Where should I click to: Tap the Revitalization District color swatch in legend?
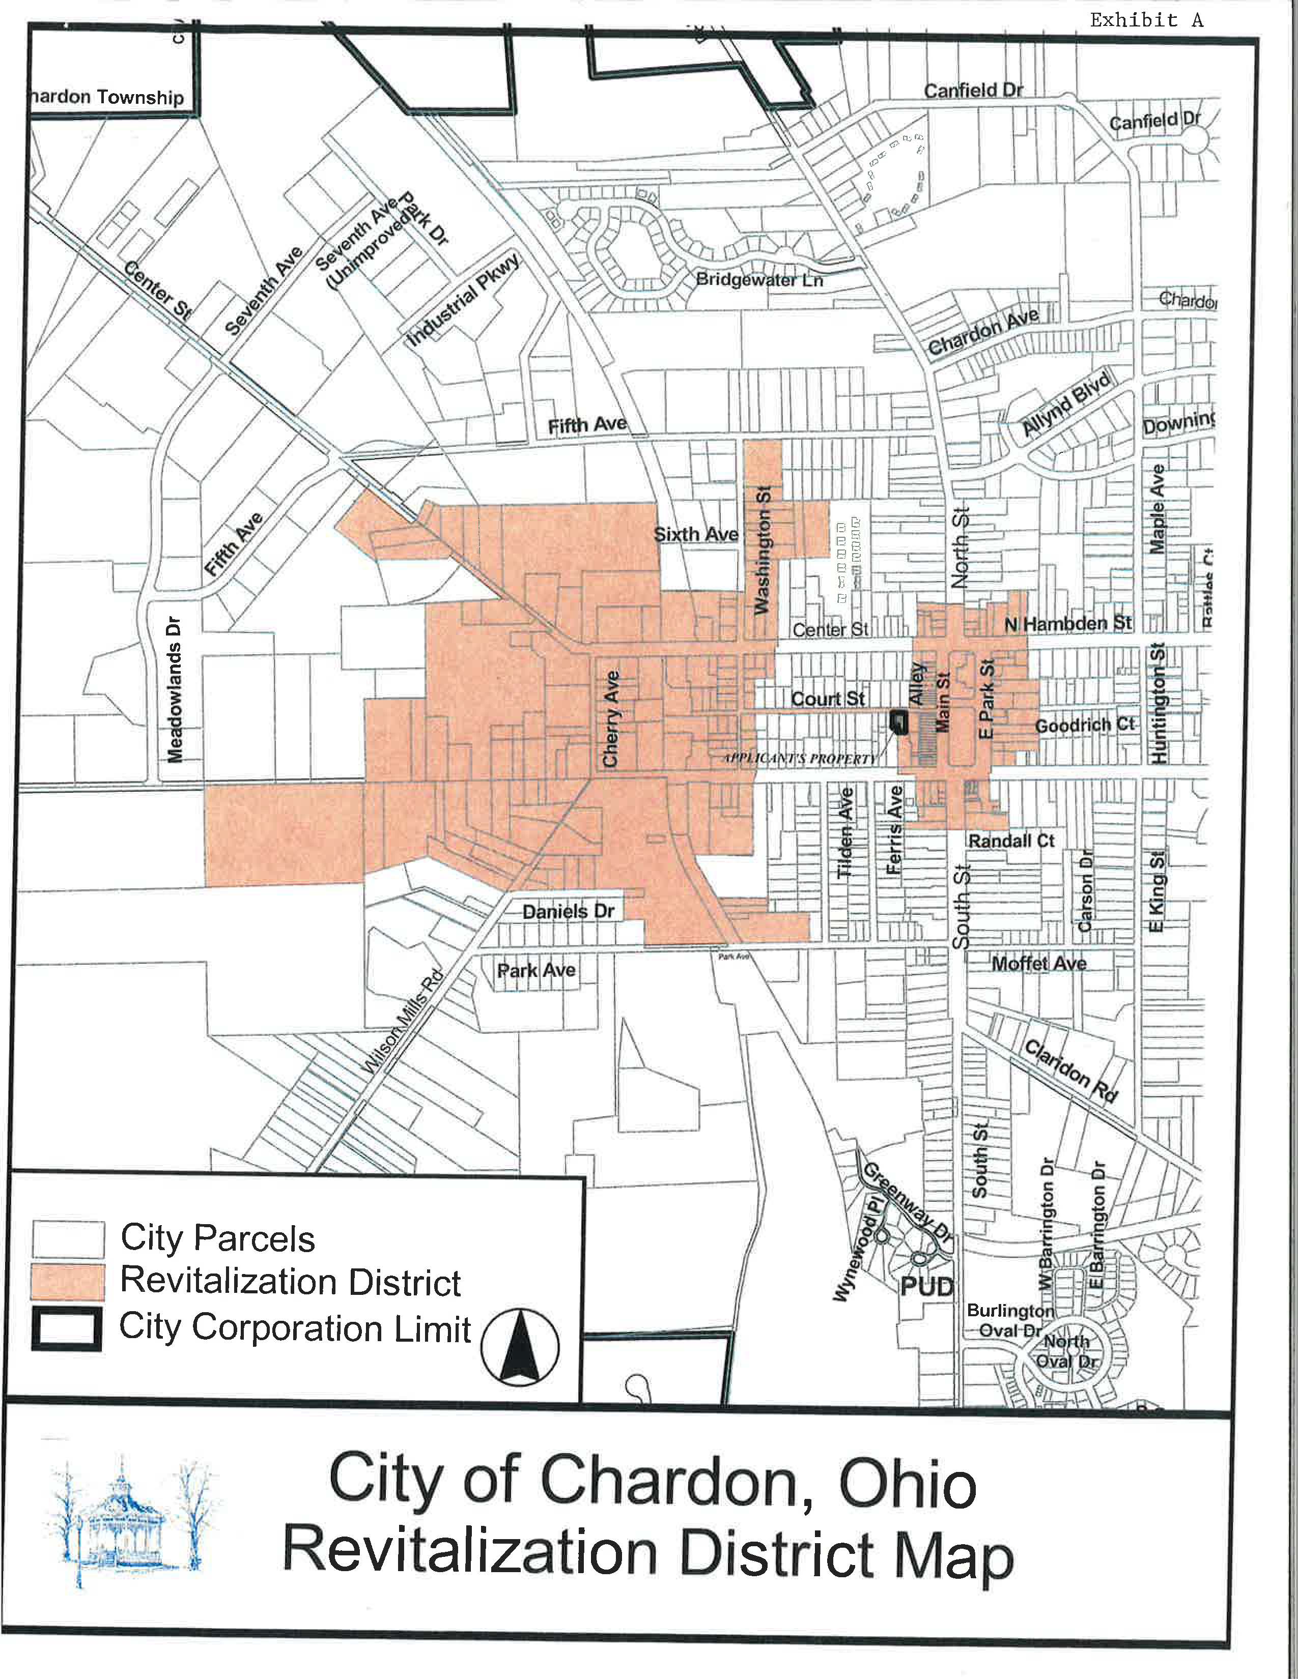pos(68,1282)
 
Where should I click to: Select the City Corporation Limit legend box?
pos(66,1328)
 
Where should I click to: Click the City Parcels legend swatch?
pos(68,1238)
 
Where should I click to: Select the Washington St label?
pos(762,549)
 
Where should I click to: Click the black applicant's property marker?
pos(897,720)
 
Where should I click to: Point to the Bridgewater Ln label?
pos(759,280)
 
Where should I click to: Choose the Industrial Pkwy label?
pos(464,299)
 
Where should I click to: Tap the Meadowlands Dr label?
pos(175,689)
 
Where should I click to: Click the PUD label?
pos(926,1286)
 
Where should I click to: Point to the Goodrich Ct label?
pos(1084,725)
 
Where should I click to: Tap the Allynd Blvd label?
pos(1066,403)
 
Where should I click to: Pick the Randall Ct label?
pos(1011,841)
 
